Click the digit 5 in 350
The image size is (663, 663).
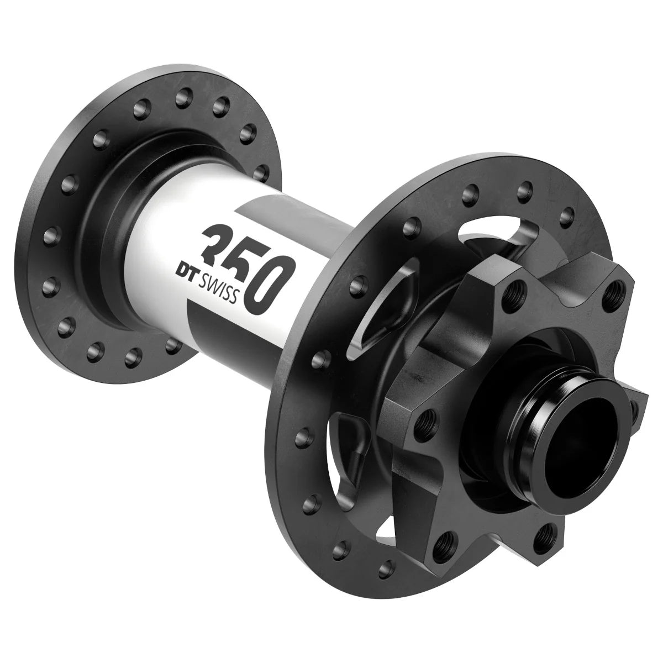[243, 260]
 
